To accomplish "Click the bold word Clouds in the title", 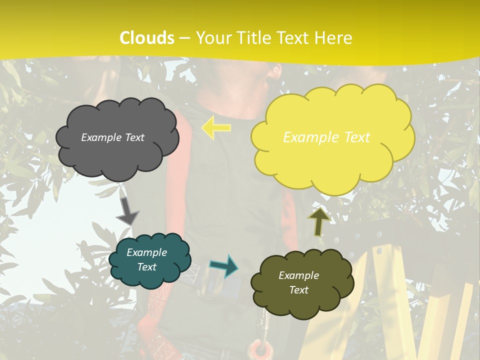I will pyautogui.click(x=147, y=38).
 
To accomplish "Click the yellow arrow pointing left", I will pyautogui.click(x=216, y=127).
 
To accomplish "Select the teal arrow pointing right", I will pyautogui.click(x=223, y=265).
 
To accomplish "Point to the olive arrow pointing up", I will pyautogui.click(x=318, y=221).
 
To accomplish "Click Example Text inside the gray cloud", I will pyautogui.click(x=112, y=137).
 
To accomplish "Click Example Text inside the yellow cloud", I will pyautogui.click(x=326, y=137).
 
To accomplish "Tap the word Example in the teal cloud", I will pyautogui.click(x=146, y=252).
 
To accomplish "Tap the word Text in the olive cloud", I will pyautogui.click(x=298, y=290).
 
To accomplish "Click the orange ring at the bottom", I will pyautogui.click(x=259, y=349).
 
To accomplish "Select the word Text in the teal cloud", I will pyautogui.click(x=146, y=267).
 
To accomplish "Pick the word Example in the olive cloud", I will pyautogui.click(x=298, y=275).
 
